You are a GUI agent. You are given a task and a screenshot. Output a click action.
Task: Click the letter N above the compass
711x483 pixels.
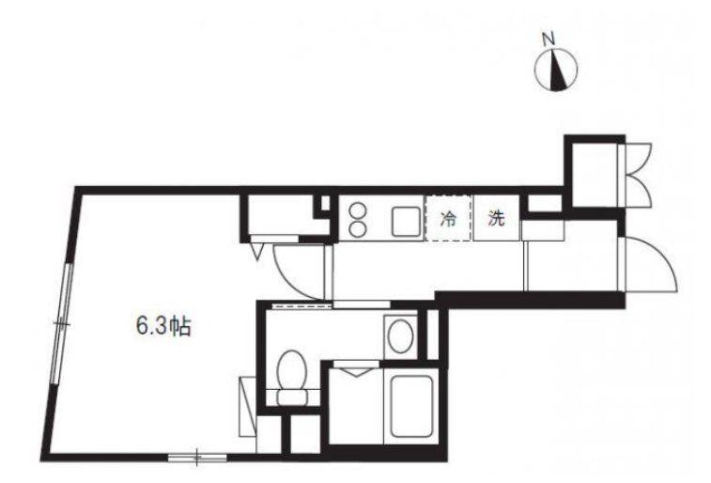(549, 39)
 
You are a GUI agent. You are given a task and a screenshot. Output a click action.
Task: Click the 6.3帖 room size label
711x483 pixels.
(163, 326)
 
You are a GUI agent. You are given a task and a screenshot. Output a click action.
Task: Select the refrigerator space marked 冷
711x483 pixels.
(448, 218)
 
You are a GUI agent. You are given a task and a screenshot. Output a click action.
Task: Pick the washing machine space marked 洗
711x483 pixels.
(496, 218)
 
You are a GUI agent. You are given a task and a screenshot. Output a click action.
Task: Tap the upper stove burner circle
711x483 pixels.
(358, 211)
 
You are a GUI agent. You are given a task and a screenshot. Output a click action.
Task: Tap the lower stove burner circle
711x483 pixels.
(358, 228)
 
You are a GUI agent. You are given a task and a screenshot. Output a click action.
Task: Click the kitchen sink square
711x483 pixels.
(407, 222)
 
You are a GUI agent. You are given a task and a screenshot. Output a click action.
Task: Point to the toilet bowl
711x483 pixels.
(291, 369)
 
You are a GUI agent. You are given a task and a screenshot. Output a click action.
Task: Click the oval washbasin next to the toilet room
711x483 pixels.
(400, 336)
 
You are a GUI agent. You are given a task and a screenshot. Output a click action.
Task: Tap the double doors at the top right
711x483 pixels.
(638, 175)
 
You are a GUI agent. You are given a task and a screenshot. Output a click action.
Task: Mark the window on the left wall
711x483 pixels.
(63, 323)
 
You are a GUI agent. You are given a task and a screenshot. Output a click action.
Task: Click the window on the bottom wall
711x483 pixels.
(197, 458)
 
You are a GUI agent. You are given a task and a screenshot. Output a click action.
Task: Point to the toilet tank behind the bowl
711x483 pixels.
(291, 397)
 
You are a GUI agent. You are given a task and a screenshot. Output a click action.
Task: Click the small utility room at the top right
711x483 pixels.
(594, 175)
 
